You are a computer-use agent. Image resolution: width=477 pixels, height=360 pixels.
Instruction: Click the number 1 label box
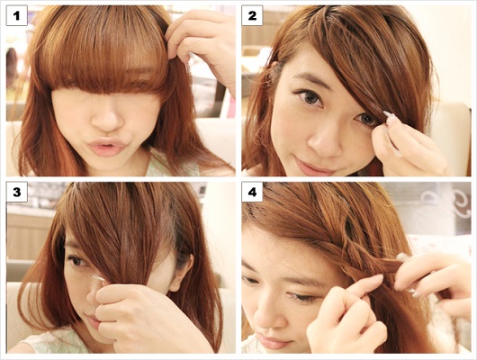(x=17, y=15)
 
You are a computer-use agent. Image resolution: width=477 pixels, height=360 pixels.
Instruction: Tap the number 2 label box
(x=252, y=15)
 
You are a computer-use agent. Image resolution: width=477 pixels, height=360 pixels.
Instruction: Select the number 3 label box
(x=17, y=192)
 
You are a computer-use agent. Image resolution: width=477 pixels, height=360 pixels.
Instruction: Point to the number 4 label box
(x=252, y=192)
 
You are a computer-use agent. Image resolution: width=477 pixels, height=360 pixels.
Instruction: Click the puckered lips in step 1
(x=106, y=146)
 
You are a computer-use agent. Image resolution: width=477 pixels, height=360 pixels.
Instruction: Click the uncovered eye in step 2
(x=310, y=98)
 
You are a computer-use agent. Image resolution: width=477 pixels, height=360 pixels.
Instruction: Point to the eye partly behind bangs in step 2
(x=366, y=120)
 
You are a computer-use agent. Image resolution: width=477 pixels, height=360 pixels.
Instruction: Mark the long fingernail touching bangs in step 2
(x=387, y=115)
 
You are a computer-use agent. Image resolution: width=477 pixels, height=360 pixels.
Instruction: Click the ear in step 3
(x=183, y=271)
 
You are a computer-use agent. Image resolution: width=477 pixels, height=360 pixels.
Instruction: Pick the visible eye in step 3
(x=76, y=261)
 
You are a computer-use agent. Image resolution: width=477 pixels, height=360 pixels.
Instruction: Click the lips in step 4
(x=274, y=342)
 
